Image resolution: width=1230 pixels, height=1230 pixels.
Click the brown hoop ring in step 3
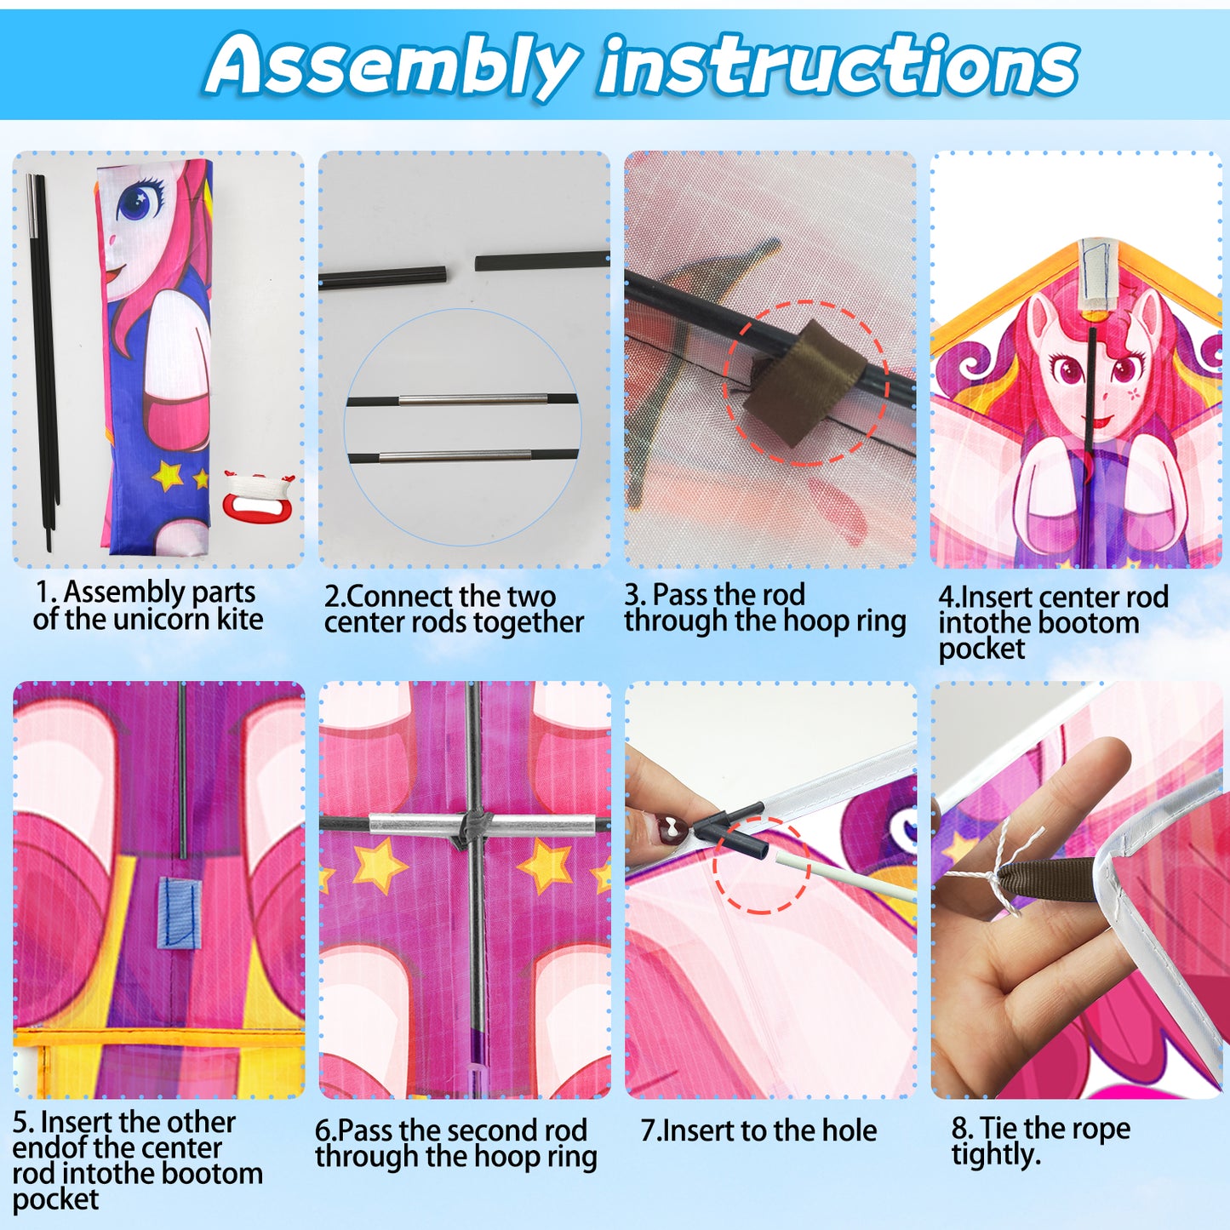(805, 383)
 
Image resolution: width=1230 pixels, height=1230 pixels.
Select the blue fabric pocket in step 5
(177, 912)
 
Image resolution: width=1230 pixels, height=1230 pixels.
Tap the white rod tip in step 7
(782, 860)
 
